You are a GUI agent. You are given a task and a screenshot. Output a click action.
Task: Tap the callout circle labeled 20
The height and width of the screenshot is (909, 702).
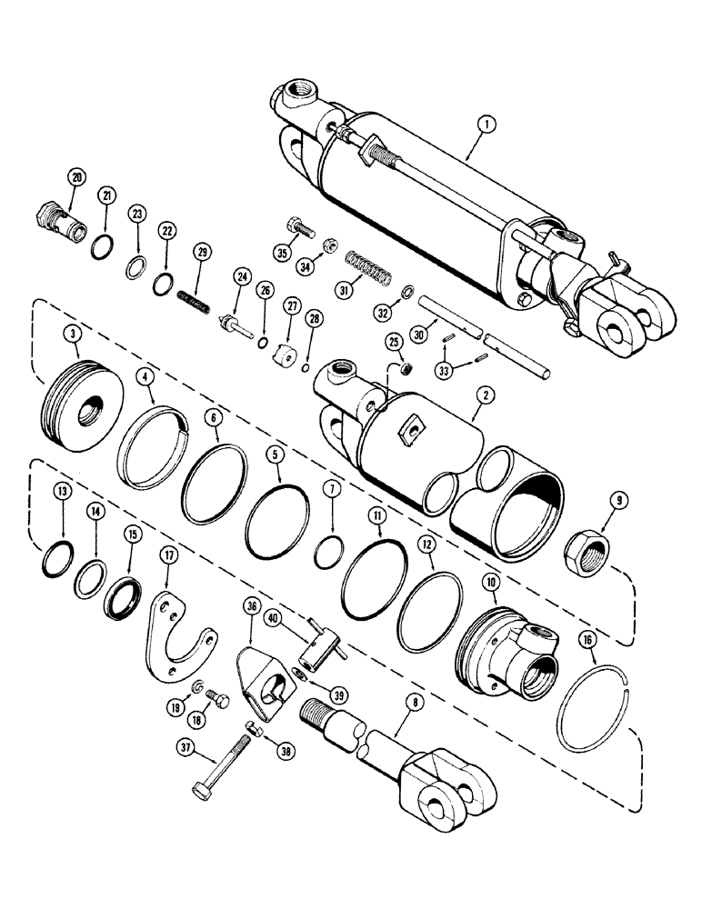tap(77, 176)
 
